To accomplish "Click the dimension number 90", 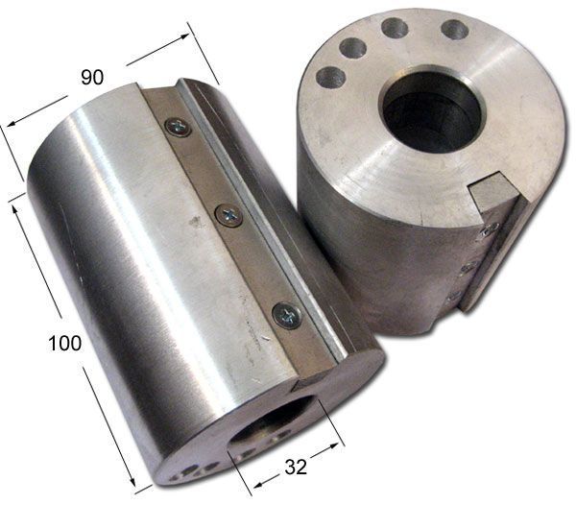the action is click(x=92, y=77).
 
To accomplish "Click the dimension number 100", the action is click(x=64, y=344).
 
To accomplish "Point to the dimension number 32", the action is click(x=296, y=468).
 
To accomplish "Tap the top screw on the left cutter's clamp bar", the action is click(x=179, y=127).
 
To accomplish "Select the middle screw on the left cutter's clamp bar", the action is click(x=228, y=215).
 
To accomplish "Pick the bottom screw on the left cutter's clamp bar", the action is click(x=287, y=316).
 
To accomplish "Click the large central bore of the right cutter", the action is click(x=434, y=114).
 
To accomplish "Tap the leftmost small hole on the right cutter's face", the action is click(x=331, y=78).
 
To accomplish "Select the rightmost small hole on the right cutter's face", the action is click(x=454, y=30).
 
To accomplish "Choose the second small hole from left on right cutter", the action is click(x=353, y=48).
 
